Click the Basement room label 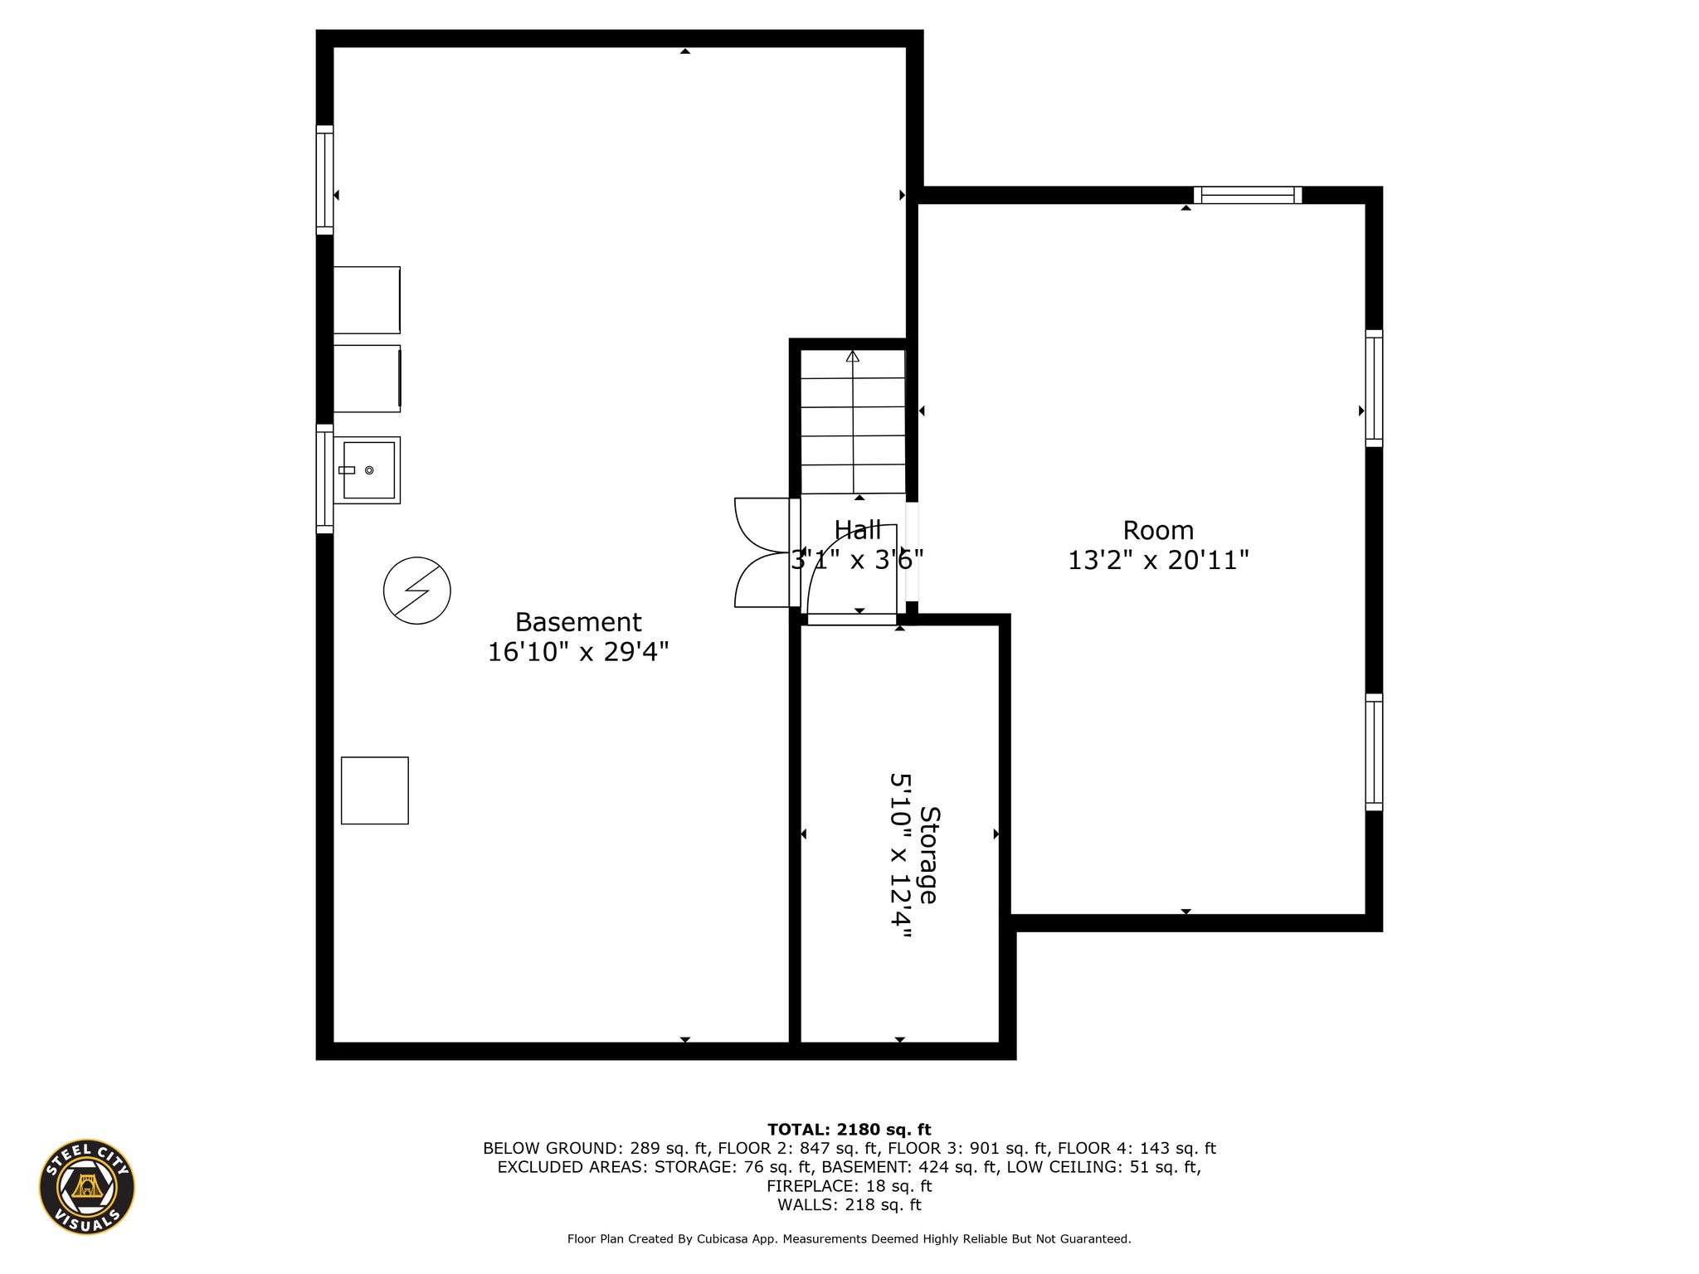[578, 622]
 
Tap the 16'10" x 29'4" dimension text [578, 652]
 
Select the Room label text [1158, 530]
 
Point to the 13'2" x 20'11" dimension [1158, 560]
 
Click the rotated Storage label [929, 855]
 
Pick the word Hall [858, 529]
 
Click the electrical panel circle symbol [417, 591]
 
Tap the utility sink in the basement [368, 470]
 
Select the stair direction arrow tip [853, 353]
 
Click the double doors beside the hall [762, 552]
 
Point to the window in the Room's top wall [1248, 195]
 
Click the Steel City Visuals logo [87, 1187]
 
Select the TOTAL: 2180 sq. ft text [849, 1130]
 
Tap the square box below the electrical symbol [375, 790]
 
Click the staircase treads [853, 421]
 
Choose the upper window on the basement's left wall [325, 180]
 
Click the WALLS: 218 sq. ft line [849, 1205]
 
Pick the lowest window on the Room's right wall [1375, 752]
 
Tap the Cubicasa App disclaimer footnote [849, 1239]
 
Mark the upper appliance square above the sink [367, 300]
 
